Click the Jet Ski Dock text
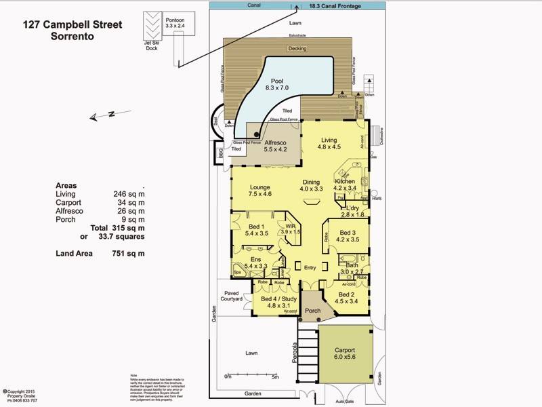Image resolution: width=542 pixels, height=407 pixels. tap(152, 45)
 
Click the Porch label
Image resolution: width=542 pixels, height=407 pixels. tap(312, 311)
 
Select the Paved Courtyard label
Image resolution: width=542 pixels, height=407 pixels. tap(232, 296)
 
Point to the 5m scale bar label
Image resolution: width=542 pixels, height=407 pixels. tap(275, 376)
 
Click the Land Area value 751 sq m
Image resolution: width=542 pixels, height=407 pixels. tap(129, 254)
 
